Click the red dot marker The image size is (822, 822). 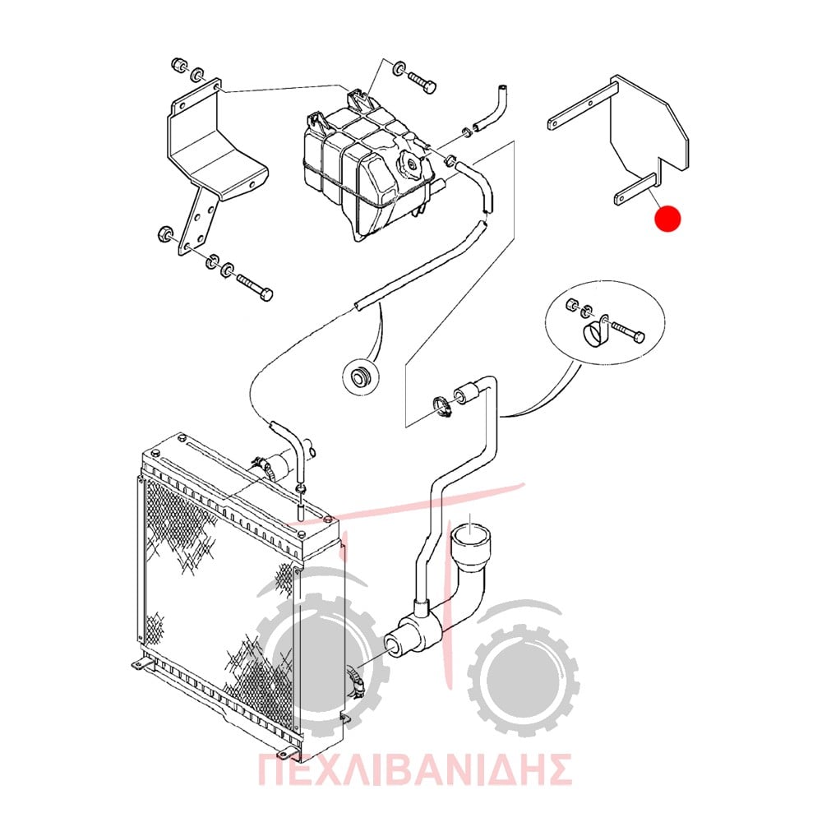click(667, 218)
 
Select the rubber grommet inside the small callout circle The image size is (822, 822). click(360, 376)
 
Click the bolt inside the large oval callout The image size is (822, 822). click(627, 332)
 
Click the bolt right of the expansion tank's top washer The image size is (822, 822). click(421, 83)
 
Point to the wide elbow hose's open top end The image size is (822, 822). click(470, 538)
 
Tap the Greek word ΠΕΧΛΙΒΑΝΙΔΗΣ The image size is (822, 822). click(414, 769)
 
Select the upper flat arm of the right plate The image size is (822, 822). click(582, 105)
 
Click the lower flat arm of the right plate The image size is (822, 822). click(635, 189)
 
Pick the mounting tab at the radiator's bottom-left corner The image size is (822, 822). click(138, 665)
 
